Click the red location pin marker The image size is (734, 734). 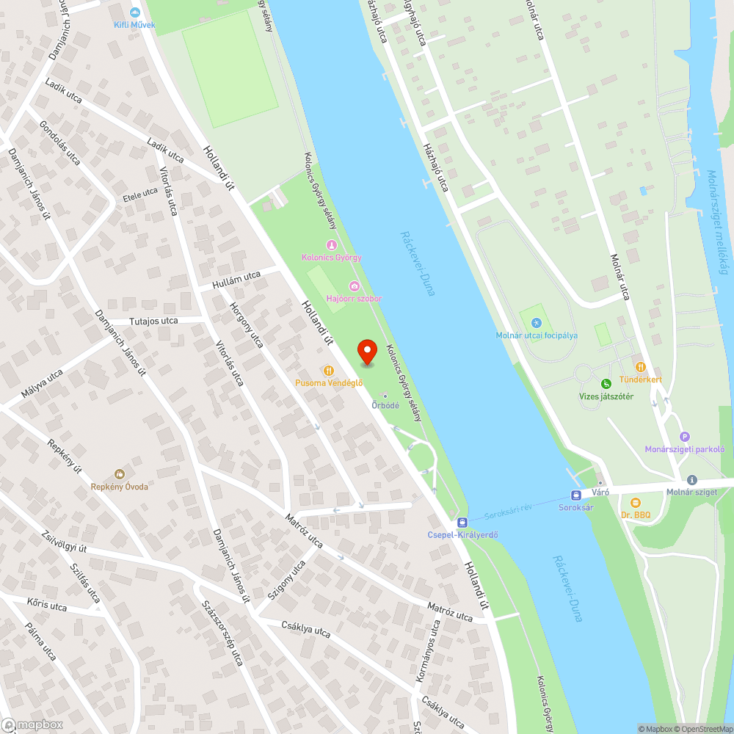[x=366, y=352]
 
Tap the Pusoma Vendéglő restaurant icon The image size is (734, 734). [x=328, y=371]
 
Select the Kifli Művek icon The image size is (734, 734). [x=134, y=12]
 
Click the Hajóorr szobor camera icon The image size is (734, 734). [x=354, y=286]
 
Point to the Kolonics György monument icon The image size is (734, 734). [x=331, y=245]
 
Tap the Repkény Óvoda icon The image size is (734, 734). [x=119, y=474]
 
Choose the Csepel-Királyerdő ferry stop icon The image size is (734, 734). [x=462, y=522]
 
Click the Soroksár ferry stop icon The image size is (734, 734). [x=576, y=494]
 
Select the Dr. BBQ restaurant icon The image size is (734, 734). [x=635, y=503]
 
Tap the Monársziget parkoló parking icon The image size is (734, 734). [x=685, y=437]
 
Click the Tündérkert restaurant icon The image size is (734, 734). [x=640, y=366]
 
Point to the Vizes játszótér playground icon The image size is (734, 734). [x=606, y=384]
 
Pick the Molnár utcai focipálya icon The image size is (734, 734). [x=537, y=323]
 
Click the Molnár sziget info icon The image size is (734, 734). [x=691, y=479]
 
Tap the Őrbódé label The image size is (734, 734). [x=385, y=405]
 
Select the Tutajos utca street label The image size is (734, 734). [x=153, y=321]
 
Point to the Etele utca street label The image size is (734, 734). [x=140, y=195]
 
